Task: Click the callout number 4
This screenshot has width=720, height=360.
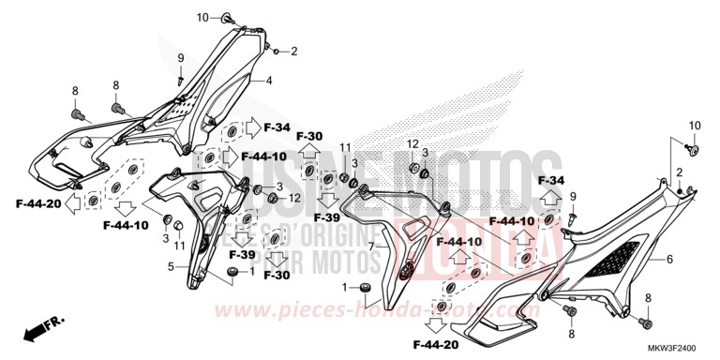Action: click(x=268, y=81)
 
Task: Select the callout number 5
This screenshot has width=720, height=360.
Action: click(x=172, y=267)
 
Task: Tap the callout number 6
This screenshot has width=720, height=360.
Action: click(x=670, y=258)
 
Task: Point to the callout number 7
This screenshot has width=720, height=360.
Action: click(x=371, y=246)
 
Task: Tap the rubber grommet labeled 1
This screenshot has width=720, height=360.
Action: click(x=366, y=286)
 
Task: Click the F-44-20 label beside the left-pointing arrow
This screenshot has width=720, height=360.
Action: click(x=37, y=202)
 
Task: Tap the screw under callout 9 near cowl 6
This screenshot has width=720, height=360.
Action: click(x=569, y=217)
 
